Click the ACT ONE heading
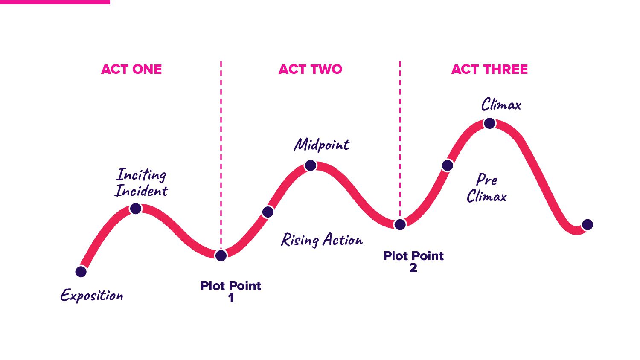click(x=131, y=69)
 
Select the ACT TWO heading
click(x=310, y=69)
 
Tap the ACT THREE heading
click(x=489, y=69)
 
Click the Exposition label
click(x=92, y=295)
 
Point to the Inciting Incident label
click(x=141, y=183)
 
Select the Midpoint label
click(x=322, y=145)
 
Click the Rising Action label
click(x=322, y=240)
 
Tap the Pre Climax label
click(x=487, y=188)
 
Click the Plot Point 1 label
click(x=230, y=291)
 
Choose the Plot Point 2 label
click(x=413, y=261)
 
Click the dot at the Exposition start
click(x=81, y=271)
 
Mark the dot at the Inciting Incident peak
click(x=136, y=208)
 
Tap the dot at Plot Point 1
click(x=221, y=255)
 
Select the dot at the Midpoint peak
click(x=311, y=165)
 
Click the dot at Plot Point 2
click(x=400, y=224)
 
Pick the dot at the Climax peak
click(x=489, y=123)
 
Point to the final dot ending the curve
click(x=588, y=224)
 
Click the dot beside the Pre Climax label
click(x=447, y=165)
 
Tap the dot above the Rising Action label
click(x=268, y=212)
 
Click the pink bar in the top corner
click(x=55, y=2)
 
